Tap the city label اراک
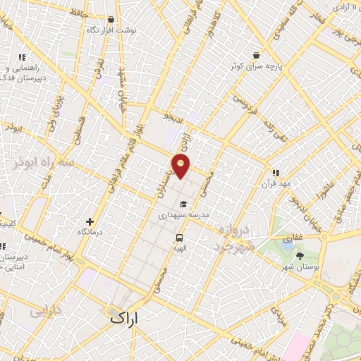click(x=126, y=318)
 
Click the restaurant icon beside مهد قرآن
click(x=276, y=172)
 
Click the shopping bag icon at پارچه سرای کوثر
click(x=256, y=54)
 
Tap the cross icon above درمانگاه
click(x=89, y=221)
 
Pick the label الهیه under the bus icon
click(x=180, y=249)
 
